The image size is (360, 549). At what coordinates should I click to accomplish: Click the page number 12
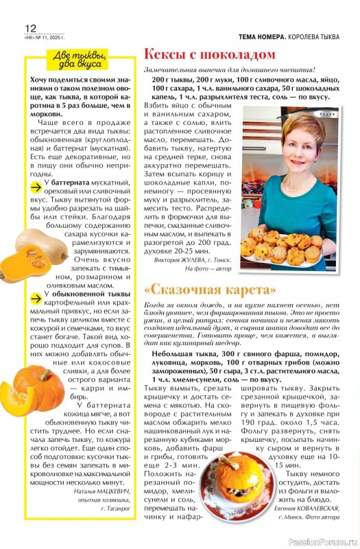(29, 28)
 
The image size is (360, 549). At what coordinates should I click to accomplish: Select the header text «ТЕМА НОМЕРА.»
(263, 36)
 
